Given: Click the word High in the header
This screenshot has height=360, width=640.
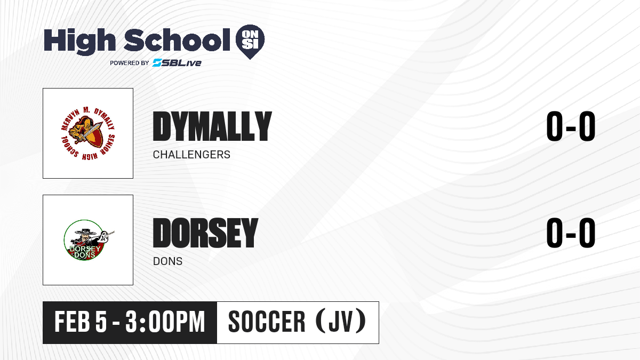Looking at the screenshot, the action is pyautogui.click(x=79, y=41).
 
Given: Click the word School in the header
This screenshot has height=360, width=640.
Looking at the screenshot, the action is pyautogui.click(x=177, y=39).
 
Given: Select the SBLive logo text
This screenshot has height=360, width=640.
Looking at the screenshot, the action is pyautogui.click(x=177, y=63).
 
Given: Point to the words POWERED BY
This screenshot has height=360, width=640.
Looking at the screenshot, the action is pyautogui.click(x=130, y=63).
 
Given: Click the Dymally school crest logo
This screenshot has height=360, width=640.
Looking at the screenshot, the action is pyautogui.click(x=88, y=133).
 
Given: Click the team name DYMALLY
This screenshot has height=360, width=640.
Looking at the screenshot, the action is pyautogui.click(x=212, y=126).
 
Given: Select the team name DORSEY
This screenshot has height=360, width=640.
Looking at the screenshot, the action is pyautogui.click(x=205, y=233).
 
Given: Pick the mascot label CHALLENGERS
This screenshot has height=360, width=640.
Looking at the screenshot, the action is pyautogui.click(x=191, y=155).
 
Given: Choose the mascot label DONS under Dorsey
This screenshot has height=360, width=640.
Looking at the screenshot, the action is pyautogui.click(x=167, y=261).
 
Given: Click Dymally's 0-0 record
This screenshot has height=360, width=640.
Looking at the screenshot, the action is pyautogui.click(x=571, y=126).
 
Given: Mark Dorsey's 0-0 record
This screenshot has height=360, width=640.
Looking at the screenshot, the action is pyautogui.click(x=571, y=233).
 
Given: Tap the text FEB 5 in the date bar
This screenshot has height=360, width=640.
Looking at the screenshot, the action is pyautogui.click(x=81, y=322).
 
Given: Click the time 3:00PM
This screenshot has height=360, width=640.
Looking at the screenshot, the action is pyautogui.click(x=165, y=322).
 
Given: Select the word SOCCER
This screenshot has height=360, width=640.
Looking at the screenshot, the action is pyautogui.click(x=267, y=322).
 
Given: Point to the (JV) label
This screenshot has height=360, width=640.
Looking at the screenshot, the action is pyautogui.click(x=341, y=322).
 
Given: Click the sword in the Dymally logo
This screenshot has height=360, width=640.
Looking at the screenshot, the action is pyautogui.click(x=90, y=131).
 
